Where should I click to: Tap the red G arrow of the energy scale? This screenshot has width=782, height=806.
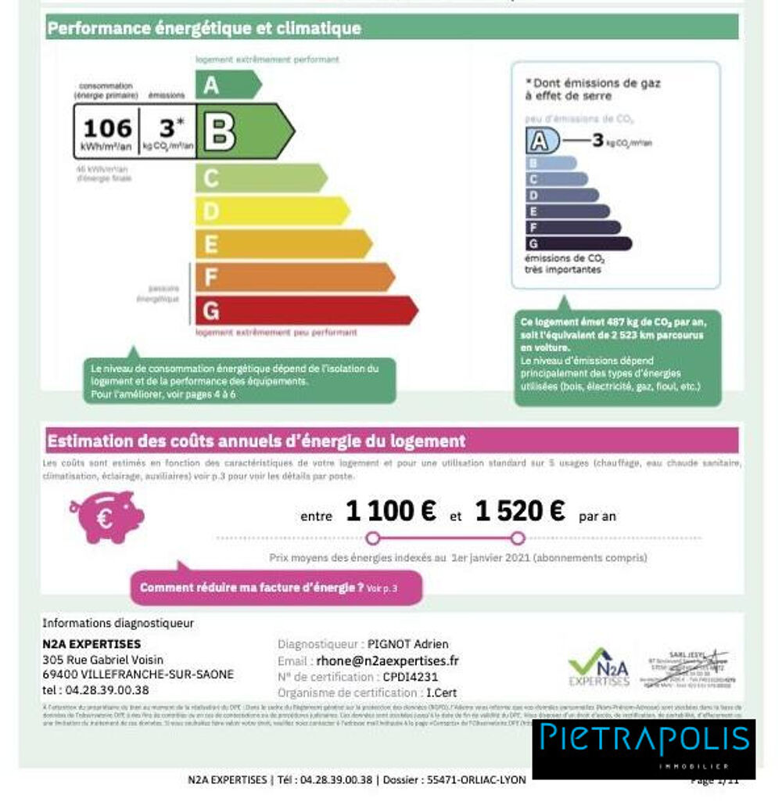305,311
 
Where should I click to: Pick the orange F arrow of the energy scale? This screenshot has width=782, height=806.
293,277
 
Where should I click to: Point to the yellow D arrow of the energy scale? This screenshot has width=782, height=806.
271,210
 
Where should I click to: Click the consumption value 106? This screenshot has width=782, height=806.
107,128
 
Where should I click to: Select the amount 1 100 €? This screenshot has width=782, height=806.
390,512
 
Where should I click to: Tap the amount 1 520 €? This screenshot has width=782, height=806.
519,512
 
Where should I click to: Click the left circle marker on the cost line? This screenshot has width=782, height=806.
373,538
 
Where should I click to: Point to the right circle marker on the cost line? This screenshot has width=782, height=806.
517,538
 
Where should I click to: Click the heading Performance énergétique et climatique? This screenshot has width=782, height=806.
205,28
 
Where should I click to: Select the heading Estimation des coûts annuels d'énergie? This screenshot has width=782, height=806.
256,441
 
